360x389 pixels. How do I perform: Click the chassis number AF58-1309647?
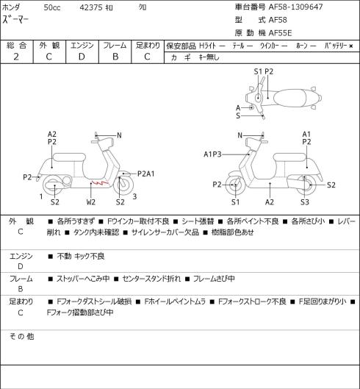(296, 7)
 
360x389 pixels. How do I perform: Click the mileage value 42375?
(91, 7)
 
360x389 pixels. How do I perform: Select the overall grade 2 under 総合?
(16, 57)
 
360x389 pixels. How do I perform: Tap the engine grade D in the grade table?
(82, 57)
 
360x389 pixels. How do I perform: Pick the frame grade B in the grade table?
(115, 57)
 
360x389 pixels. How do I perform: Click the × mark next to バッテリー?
(351, 46)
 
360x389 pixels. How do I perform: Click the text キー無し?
(209, 57)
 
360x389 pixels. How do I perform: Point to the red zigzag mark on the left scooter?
(100, 182)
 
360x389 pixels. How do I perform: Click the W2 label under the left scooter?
(91, 202)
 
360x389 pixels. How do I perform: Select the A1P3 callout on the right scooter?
(212, 154)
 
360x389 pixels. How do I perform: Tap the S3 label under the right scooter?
(305, 202)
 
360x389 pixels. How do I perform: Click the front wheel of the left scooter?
(123, 185)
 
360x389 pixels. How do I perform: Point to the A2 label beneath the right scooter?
(270, 202)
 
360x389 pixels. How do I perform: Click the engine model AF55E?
(280, 33)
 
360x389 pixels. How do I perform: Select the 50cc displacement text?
(52, 7)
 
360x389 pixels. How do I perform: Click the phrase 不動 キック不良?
(81, 256)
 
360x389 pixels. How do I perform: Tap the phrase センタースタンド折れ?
(151, 279)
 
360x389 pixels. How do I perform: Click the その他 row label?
(21, 336)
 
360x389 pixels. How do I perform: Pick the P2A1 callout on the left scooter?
(146, 174)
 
